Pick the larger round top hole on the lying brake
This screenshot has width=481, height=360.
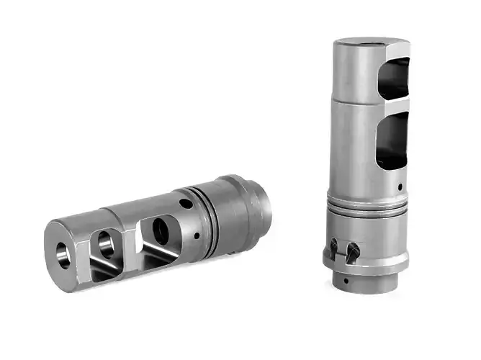click(186, 204)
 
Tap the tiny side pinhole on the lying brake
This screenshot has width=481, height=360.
click(197, 235)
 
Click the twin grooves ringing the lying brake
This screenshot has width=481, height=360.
click(210, 215)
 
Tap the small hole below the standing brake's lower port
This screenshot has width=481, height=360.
click(400, 189)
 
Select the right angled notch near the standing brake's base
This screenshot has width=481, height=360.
click(353, 251)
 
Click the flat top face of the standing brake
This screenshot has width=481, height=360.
click(371, 43)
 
